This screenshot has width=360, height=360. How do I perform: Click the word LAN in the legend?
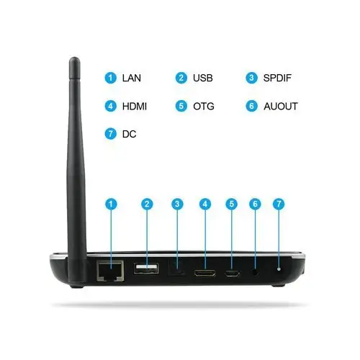[x=132, y=78]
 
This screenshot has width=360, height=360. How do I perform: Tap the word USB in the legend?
[x=203, y=78]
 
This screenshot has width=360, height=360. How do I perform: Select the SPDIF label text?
[x=277, y=78]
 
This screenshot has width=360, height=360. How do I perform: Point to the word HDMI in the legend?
[x=135, y=107]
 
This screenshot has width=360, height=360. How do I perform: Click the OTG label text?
[x=204, y=107]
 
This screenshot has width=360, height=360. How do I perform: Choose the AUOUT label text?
[x=281, y=107]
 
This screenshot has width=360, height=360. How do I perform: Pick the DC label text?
[x=129, y=134]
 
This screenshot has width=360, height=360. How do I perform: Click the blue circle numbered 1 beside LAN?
[x=111, y=78]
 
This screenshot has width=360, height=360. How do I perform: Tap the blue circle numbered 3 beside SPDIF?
[x=251, y=78]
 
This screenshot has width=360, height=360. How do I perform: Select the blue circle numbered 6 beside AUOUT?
[x=252, y=106]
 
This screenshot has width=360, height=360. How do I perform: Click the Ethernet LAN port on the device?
[x=110, y=271]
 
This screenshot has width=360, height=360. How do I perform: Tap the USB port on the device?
[x=146, y=269]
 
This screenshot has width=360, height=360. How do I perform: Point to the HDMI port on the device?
[x=205, y=273]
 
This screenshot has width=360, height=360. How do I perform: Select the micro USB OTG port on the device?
[x=232, y=274]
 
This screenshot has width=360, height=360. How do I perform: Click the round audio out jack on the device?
[x=255, y=273]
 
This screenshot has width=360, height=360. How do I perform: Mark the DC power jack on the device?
[x=279, y=269]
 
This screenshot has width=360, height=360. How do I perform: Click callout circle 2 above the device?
[x=147, y=204]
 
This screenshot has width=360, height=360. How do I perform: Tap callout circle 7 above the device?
[x=279, y=204]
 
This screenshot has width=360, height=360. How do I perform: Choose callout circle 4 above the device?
[x=205, y=204]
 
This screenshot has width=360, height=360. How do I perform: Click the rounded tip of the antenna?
[x=75, y=60]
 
